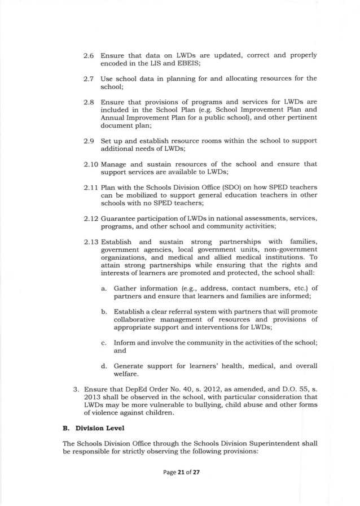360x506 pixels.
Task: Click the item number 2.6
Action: pos(89,56)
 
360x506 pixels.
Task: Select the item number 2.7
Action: pos(89,78)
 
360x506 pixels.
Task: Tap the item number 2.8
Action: pos(89,101)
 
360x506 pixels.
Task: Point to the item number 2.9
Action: pos(89,139)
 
